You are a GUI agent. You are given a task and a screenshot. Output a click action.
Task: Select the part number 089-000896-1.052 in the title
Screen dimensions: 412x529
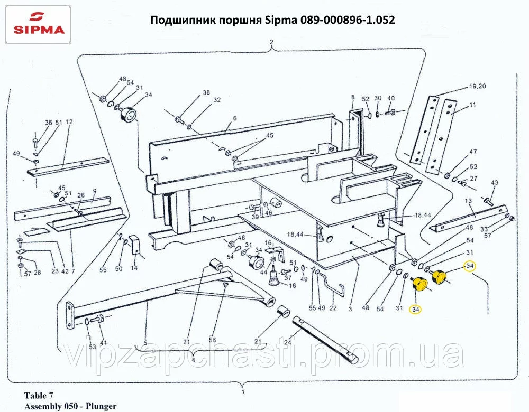[x=347, y=20]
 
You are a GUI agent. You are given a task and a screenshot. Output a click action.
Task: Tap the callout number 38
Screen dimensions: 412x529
[x=206, y=93]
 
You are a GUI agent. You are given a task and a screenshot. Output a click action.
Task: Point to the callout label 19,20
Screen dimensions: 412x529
[x=477, y=86]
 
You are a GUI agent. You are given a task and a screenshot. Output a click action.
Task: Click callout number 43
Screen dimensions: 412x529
[x=495, y=183]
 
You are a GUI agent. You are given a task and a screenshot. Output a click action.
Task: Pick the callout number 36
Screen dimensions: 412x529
[x=49, y=123]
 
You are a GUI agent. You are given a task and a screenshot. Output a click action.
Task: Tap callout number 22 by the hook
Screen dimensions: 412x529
[x=333, y=308]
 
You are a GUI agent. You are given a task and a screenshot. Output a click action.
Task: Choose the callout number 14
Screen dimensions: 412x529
[x=134, y=268]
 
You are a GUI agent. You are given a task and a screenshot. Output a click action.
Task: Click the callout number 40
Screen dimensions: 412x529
[x=391, y=99]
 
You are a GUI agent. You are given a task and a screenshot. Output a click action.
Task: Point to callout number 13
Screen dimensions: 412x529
[x=468, y=201]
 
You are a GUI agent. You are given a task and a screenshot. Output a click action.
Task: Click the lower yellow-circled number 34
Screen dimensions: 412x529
[x=415, y=308]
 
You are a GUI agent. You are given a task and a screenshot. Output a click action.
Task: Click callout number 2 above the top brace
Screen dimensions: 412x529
[x=271, y=42]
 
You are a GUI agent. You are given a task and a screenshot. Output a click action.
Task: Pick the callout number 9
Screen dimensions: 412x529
[x=94, y=191]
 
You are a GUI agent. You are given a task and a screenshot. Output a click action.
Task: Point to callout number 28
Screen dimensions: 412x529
[x=37, y=273]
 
